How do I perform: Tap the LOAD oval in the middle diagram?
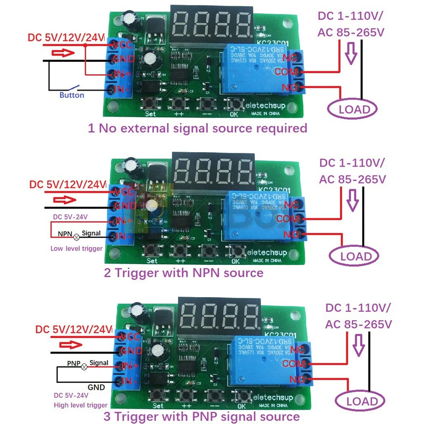[x=355, y=256]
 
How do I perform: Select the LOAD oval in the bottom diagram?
[x=362, y=401]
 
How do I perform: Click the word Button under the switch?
[x=72, y=95]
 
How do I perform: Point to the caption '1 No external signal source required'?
[x=197, y=129]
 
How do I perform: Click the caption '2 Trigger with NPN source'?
[x=183, y=273]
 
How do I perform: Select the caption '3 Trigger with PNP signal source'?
[x=201, y=416]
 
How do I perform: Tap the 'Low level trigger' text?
[x=76, y=248]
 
